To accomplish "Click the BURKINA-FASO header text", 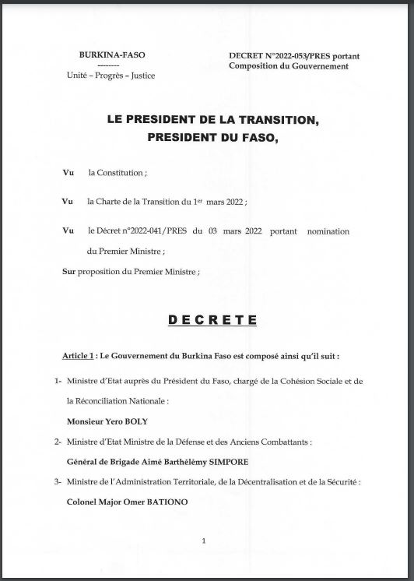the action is [x=113, y=55].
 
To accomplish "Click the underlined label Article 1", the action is [x=79, y=355].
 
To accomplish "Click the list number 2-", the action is [x=58, y=442].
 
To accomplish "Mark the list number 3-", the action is [x=58, y=482].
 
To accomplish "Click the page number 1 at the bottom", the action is [x=204, y=541].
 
